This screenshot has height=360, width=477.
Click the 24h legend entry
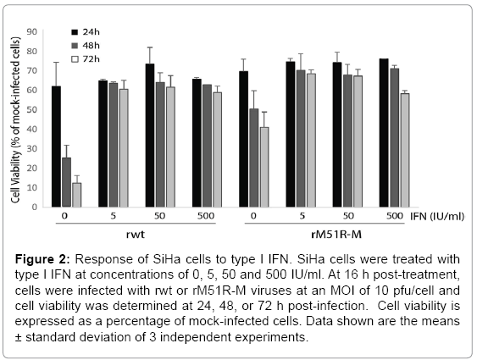(86, 32)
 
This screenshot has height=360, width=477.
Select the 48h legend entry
(86, 46)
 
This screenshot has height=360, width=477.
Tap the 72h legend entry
(86, 59)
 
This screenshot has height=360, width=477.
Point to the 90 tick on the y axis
(31, 31)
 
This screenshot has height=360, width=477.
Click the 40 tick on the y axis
(31, 130)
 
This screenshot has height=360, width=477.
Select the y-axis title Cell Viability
(16, 120)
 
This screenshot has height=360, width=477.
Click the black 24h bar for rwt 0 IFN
(56, 147)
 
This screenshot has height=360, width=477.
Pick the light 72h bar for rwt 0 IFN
(76, 195)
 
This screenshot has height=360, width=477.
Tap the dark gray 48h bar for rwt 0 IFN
(67, 182)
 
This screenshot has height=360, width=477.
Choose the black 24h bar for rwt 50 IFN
(150, 136)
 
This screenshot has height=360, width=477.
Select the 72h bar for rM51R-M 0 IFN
(264, 167)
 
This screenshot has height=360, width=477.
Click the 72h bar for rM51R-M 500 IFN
(405, 150)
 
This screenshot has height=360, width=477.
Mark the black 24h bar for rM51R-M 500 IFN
(384, 133)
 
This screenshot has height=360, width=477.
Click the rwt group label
(136, 235)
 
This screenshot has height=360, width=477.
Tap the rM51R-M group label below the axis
(336, 235)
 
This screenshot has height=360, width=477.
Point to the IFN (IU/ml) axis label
(437, 217)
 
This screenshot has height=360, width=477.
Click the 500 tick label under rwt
(206, 216)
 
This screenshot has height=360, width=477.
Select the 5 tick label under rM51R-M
(302, 216)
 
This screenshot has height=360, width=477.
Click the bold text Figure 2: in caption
(43, 259)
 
